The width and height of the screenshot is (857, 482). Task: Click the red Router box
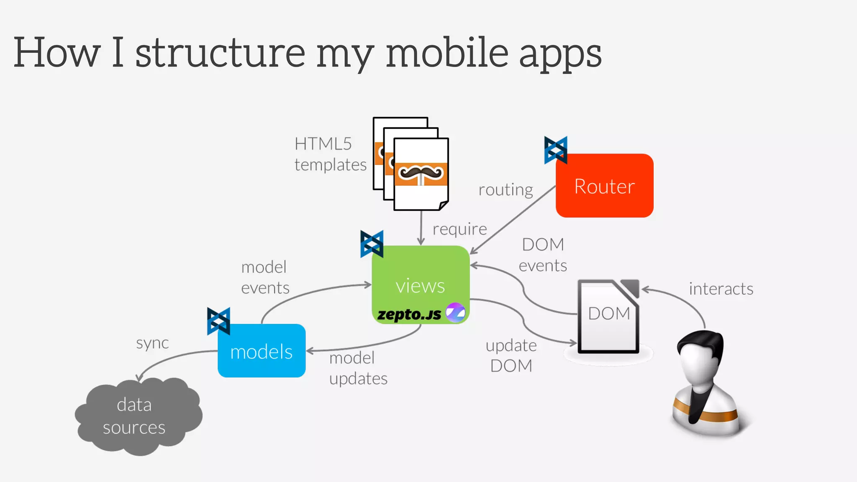pos(604,185)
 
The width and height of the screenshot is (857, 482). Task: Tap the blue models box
pos(262,351)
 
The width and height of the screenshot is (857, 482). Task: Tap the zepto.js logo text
pos(409,314)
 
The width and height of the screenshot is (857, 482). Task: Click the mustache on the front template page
pos(421,172)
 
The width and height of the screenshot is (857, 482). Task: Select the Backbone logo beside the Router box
pos(556,150)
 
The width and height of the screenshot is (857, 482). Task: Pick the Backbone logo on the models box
pos(218,321)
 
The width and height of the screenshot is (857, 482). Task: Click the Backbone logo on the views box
pos(372,244)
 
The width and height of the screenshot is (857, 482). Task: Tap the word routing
pos(505,190)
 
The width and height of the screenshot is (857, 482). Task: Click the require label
pos(459,229)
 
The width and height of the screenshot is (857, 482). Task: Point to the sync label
pos(152,343)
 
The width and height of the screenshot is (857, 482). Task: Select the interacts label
pos(721,289)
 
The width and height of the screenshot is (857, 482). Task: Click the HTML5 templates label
pos(330,154)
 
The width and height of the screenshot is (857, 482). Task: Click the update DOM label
pos(511,356)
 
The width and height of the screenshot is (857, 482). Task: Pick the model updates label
pos(358,368)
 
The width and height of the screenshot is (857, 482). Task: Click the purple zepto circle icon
pos(455,313)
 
